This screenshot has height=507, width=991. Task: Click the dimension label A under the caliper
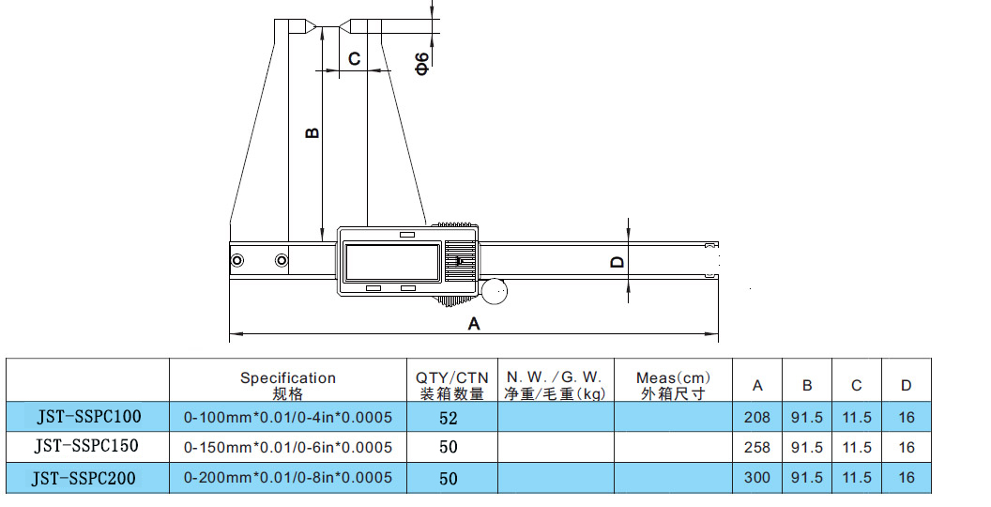tap(474, 323)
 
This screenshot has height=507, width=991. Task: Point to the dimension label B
tap(313, 132)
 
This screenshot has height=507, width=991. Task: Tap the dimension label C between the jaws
tap(354, 59)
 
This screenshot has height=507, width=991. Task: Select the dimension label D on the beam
tap(617, 262)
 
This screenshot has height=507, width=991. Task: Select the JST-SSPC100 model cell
tap(88, 417)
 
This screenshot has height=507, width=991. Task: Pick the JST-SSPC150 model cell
tap(88, 448)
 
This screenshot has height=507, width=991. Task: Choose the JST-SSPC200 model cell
tap(88, 479)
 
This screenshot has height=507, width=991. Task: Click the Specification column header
tap(287, 385)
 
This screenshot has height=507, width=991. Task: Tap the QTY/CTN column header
tap(450, 385)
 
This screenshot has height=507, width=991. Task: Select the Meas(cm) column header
tap(673, 385)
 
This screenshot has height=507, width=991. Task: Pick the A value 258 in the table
tap(756, 448)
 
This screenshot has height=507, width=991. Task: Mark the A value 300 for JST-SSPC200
tap(756, 478)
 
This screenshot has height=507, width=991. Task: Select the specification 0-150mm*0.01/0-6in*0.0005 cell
tap(287, 448)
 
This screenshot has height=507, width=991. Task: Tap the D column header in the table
tap(906, 385)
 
